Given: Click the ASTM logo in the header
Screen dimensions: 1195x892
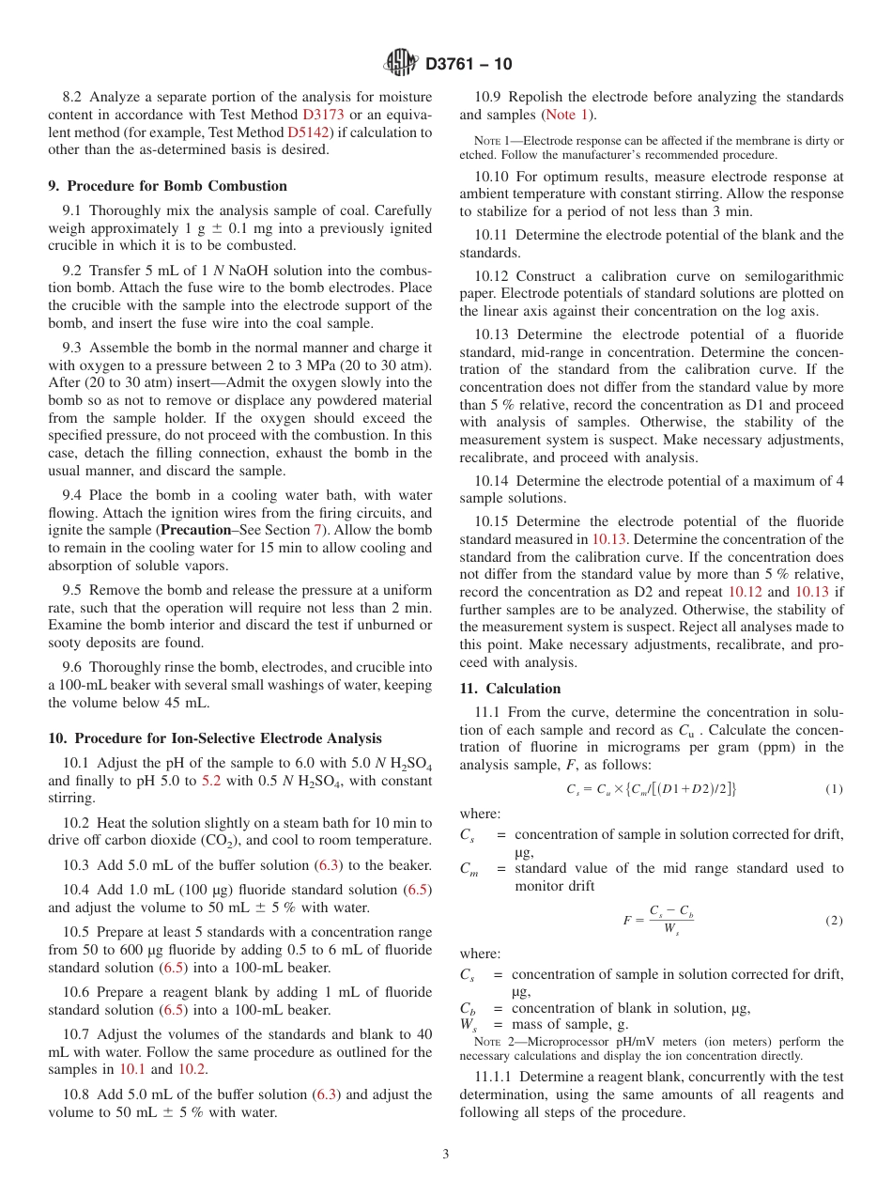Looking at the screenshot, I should pyautogui.click(x=401, y=64).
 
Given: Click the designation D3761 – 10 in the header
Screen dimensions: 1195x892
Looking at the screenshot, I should pyautogui.click(x=469, y=65).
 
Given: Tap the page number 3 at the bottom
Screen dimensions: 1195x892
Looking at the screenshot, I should pyautogui.click(x=445, y=1154).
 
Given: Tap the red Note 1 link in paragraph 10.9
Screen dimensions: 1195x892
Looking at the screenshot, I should pyautogui.click(x=567, y=115).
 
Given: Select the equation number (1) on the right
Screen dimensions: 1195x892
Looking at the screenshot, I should pyautogui.click(x=834, y=789).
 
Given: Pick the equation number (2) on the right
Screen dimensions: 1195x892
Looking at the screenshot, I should pyautogui.click(x=834, y=921).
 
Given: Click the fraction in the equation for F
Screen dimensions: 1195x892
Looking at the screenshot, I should pyautogui.click(x=670, y=921).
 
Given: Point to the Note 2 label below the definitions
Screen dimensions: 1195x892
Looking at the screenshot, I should pyautogui.click(x=487, y=1042).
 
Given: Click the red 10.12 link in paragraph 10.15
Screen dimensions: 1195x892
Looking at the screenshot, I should pyautogui.click(x=746, y=593).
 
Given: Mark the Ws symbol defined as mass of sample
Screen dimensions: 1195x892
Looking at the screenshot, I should pyautogui.click(x=467, y=1025).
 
